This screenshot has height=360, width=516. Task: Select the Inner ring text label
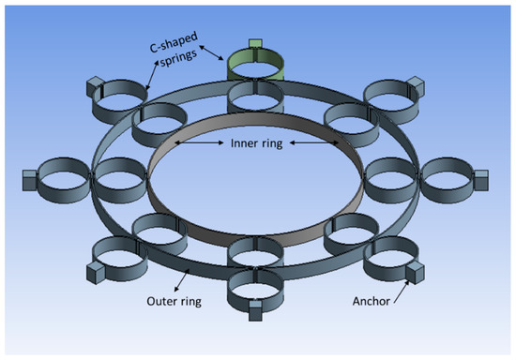click(x=257, y=143)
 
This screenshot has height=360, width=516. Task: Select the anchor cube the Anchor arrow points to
click(x=409, y=273)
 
